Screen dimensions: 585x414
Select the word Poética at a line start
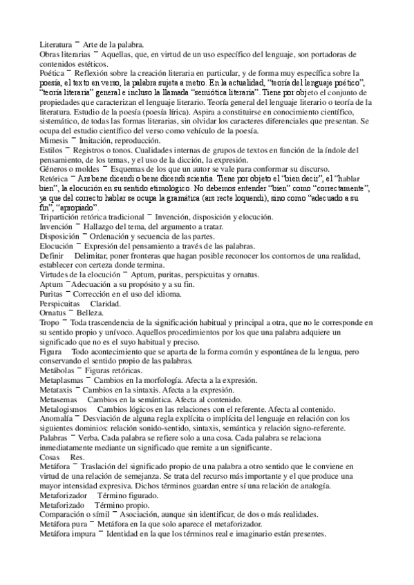pos(52,72)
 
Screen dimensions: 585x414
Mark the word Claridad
pos(106,304)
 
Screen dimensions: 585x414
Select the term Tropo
pos(50,324)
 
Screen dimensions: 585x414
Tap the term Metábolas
pos(57,371)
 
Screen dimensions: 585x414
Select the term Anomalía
pos(57,419)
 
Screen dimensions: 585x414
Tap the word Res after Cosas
pos(77,457)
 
